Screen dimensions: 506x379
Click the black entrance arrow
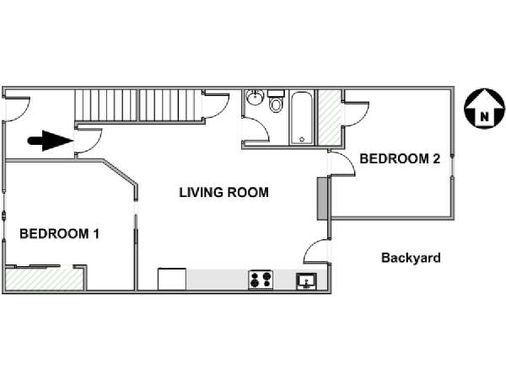pos(50,141)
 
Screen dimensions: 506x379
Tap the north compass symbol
pos(484,109)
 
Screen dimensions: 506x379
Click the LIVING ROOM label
pos(224,192)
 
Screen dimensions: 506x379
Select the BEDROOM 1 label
pos(59,233)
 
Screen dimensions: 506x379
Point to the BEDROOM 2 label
pos(400,159)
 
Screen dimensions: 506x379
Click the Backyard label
pos(411,258)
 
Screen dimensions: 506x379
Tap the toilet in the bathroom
pos(276,101)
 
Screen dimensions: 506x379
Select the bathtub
pos(302,118)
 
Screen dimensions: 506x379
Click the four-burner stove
pos(261,280)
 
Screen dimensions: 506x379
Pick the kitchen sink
pos(307,281)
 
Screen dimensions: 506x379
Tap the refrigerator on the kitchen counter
pos(172,279)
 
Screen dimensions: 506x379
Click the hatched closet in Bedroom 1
pos(44,279)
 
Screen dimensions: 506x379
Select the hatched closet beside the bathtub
pos(330,118)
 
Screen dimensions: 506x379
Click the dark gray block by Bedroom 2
pos(322,199)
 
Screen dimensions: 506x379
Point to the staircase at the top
pos(136,105)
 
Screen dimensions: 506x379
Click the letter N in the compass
pos(484,117)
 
